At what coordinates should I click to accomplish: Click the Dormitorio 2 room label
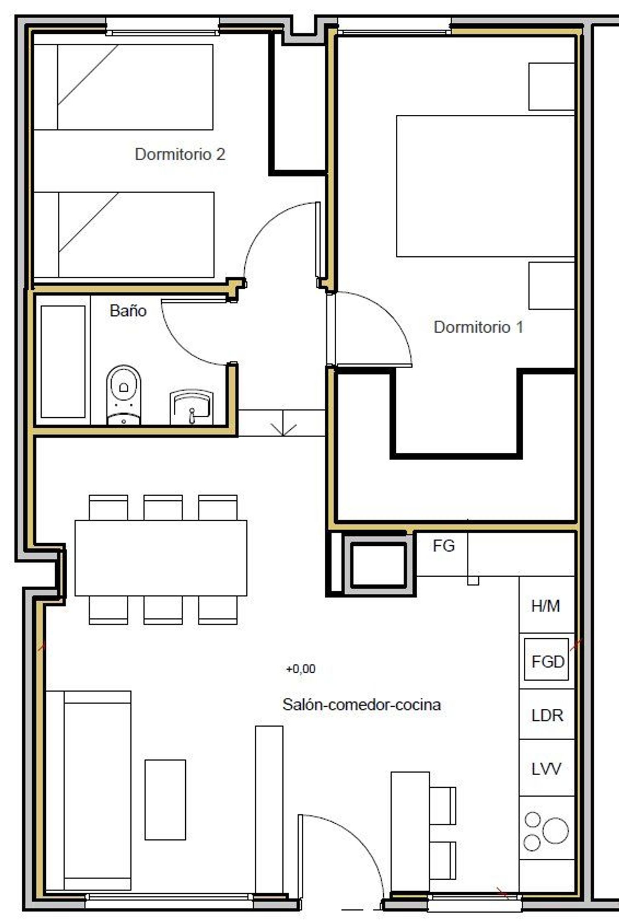point(180,154)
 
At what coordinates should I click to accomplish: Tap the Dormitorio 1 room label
point(478,327)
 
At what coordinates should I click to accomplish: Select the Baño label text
point(128,310)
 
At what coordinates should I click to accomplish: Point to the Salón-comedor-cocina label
point(361,704)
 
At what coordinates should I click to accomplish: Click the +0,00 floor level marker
point(301,669)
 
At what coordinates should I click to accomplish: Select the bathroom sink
point(192,407)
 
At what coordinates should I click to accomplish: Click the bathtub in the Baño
point(63,362)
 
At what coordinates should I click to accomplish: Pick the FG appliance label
point(444,546)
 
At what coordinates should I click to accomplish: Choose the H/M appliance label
point(546,606)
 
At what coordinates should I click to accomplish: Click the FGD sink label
point(548,662)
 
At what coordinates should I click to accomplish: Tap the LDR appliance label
point(547,715)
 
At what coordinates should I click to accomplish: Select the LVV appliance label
point(546,769)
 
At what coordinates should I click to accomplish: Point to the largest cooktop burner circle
point(555,830)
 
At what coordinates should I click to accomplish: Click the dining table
point(161,558)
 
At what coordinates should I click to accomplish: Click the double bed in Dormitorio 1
point(486,186)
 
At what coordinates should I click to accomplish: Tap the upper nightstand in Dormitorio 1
point(552,87)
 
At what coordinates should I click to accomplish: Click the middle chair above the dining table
point(163,508)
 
